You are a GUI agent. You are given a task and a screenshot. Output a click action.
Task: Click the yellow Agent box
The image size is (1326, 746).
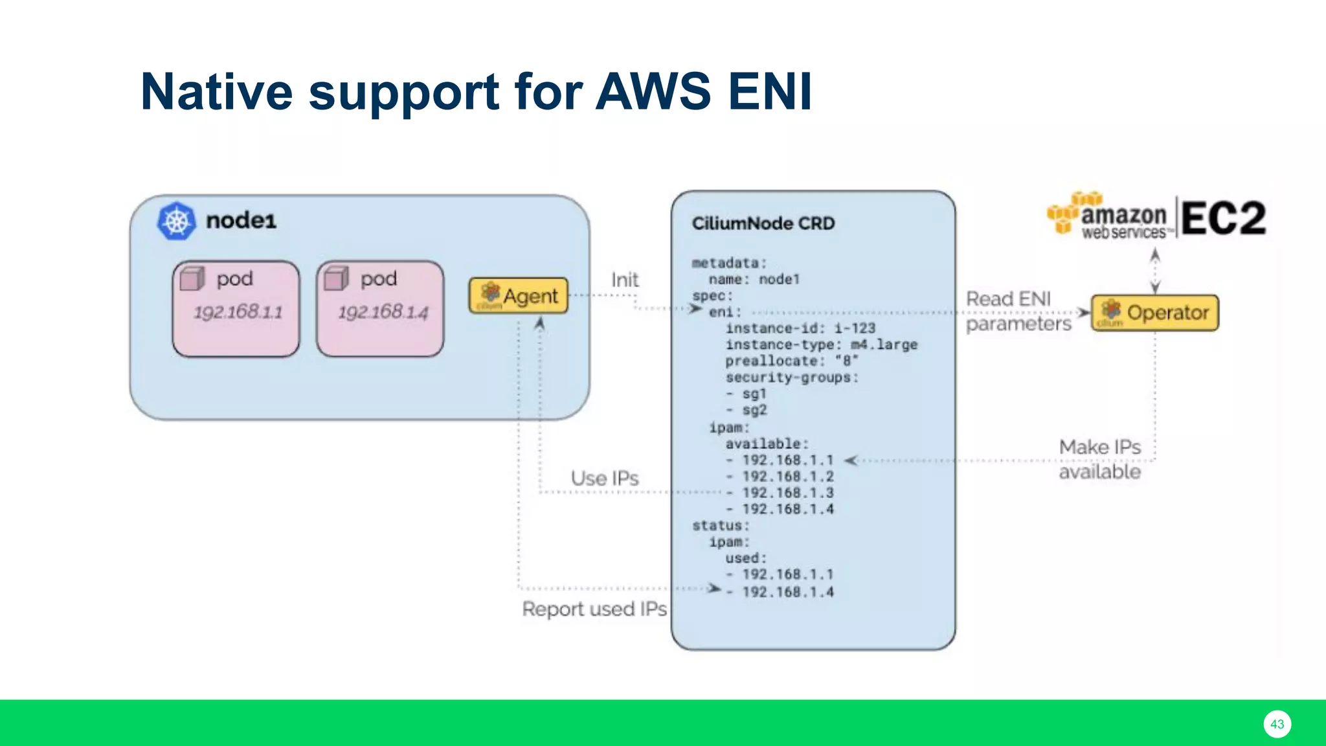click(x=519, y=296)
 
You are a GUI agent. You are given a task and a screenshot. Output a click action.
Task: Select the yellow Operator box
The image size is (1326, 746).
click(x=1155, y=313)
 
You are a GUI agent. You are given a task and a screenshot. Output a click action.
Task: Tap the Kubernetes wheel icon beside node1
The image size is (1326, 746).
click(x=176, y=221)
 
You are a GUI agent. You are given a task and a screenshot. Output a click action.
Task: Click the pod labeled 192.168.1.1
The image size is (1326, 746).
click(x=236, y=309)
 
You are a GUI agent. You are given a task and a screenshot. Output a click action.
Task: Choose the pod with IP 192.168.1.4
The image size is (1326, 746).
click(x=381, y=309)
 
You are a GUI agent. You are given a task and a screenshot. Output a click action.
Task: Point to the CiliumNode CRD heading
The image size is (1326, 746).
click(x=763, y=223)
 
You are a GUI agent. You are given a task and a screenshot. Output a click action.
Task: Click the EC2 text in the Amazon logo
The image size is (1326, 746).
click(x=1223, y=218)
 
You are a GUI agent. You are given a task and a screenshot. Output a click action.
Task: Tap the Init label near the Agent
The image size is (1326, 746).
click(x=625, y=280)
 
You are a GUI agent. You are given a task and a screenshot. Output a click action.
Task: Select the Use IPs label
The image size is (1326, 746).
click(x=605, y=479)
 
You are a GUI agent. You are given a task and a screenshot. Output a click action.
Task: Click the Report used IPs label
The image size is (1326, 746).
click(x=594, y=609)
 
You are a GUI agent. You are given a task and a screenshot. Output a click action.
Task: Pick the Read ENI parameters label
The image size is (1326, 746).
click(x=1018, y=311)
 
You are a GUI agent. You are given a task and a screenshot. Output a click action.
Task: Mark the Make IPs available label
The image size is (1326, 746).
click(x=1099, y=459)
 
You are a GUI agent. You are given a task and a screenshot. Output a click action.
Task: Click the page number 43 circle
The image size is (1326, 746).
click(x=1277, y=724)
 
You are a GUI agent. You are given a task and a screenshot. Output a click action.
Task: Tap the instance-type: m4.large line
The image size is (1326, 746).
click(x=821, y=345)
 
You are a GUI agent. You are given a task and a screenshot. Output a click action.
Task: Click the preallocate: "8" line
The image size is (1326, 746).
click(x=791, y=361)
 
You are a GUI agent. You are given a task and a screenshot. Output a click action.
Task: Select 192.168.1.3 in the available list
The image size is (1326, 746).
click(x=787, y=493)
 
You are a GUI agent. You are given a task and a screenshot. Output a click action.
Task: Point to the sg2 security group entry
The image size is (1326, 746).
click(x=754, y=410)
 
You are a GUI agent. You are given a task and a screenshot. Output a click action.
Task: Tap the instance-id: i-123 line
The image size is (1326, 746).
click(x=800, y=328)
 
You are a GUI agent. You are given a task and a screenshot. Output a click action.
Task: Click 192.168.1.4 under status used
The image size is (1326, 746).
click(x=787, y=592)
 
